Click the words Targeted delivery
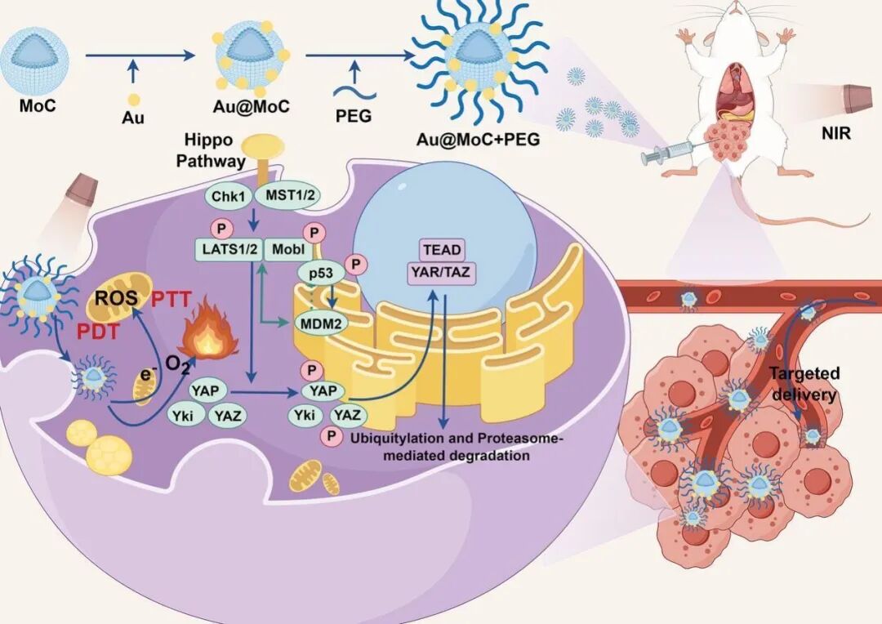coord(804,385)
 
